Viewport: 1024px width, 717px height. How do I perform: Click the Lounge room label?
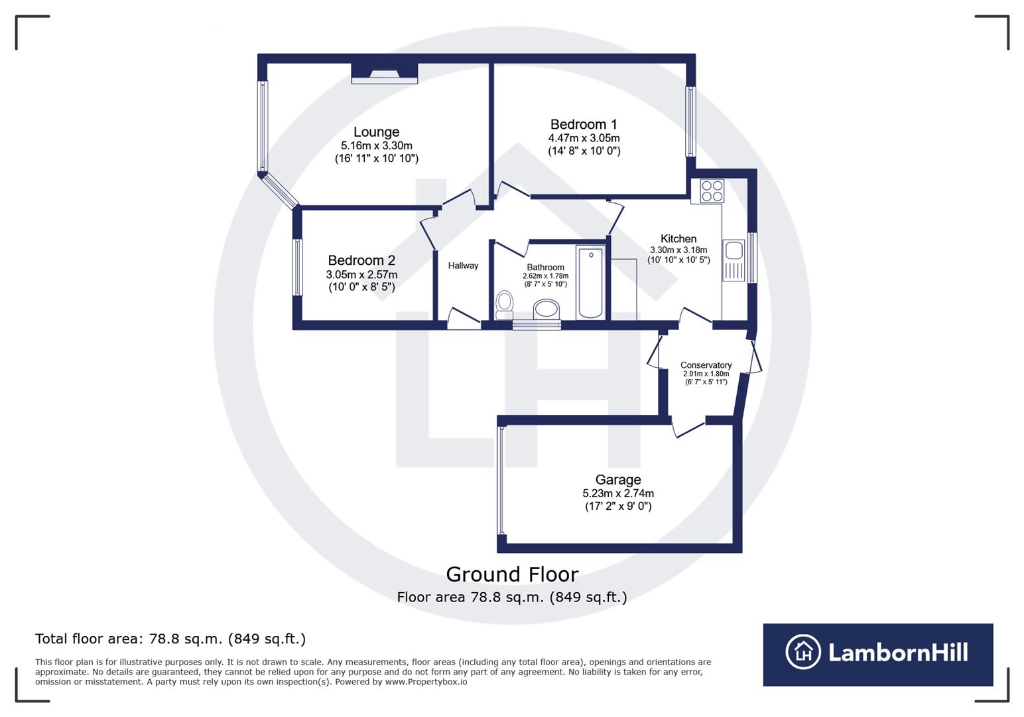[376, 132]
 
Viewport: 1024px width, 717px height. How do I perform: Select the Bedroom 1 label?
[584, 125]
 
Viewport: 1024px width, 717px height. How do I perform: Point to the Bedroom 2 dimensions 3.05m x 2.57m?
[361, 274]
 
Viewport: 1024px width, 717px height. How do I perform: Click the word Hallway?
[463, 266]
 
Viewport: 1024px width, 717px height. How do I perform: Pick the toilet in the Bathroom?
[505, 303]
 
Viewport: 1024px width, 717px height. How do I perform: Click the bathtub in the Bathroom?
[590, 282]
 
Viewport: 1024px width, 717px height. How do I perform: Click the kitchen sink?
[734, 252]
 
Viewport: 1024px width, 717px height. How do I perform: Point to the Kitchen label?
[678, 239]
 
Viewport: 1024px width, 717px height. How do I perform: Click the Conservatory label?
[706, 365]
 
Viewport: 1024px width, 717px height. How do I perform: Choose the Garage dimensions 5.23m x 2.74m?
[618, 493]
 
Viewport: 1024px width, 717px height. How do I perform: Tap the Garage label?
[618, 479]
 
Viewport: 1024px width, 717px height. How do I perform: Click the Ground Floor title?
[512, 574]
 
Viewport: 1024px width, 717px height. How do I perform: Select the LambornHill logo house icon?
[803, 652]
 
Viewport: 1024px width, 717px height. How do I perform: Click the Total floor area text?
[170, 639]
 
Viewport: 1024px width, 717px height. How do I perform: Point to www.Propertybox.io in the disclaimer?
[426, 682]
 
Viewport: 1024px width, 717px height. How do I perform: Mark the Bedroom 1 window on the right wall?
[690, 121]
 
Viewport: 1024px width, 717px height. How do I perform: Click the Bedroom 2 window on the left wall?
[298, 267]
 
